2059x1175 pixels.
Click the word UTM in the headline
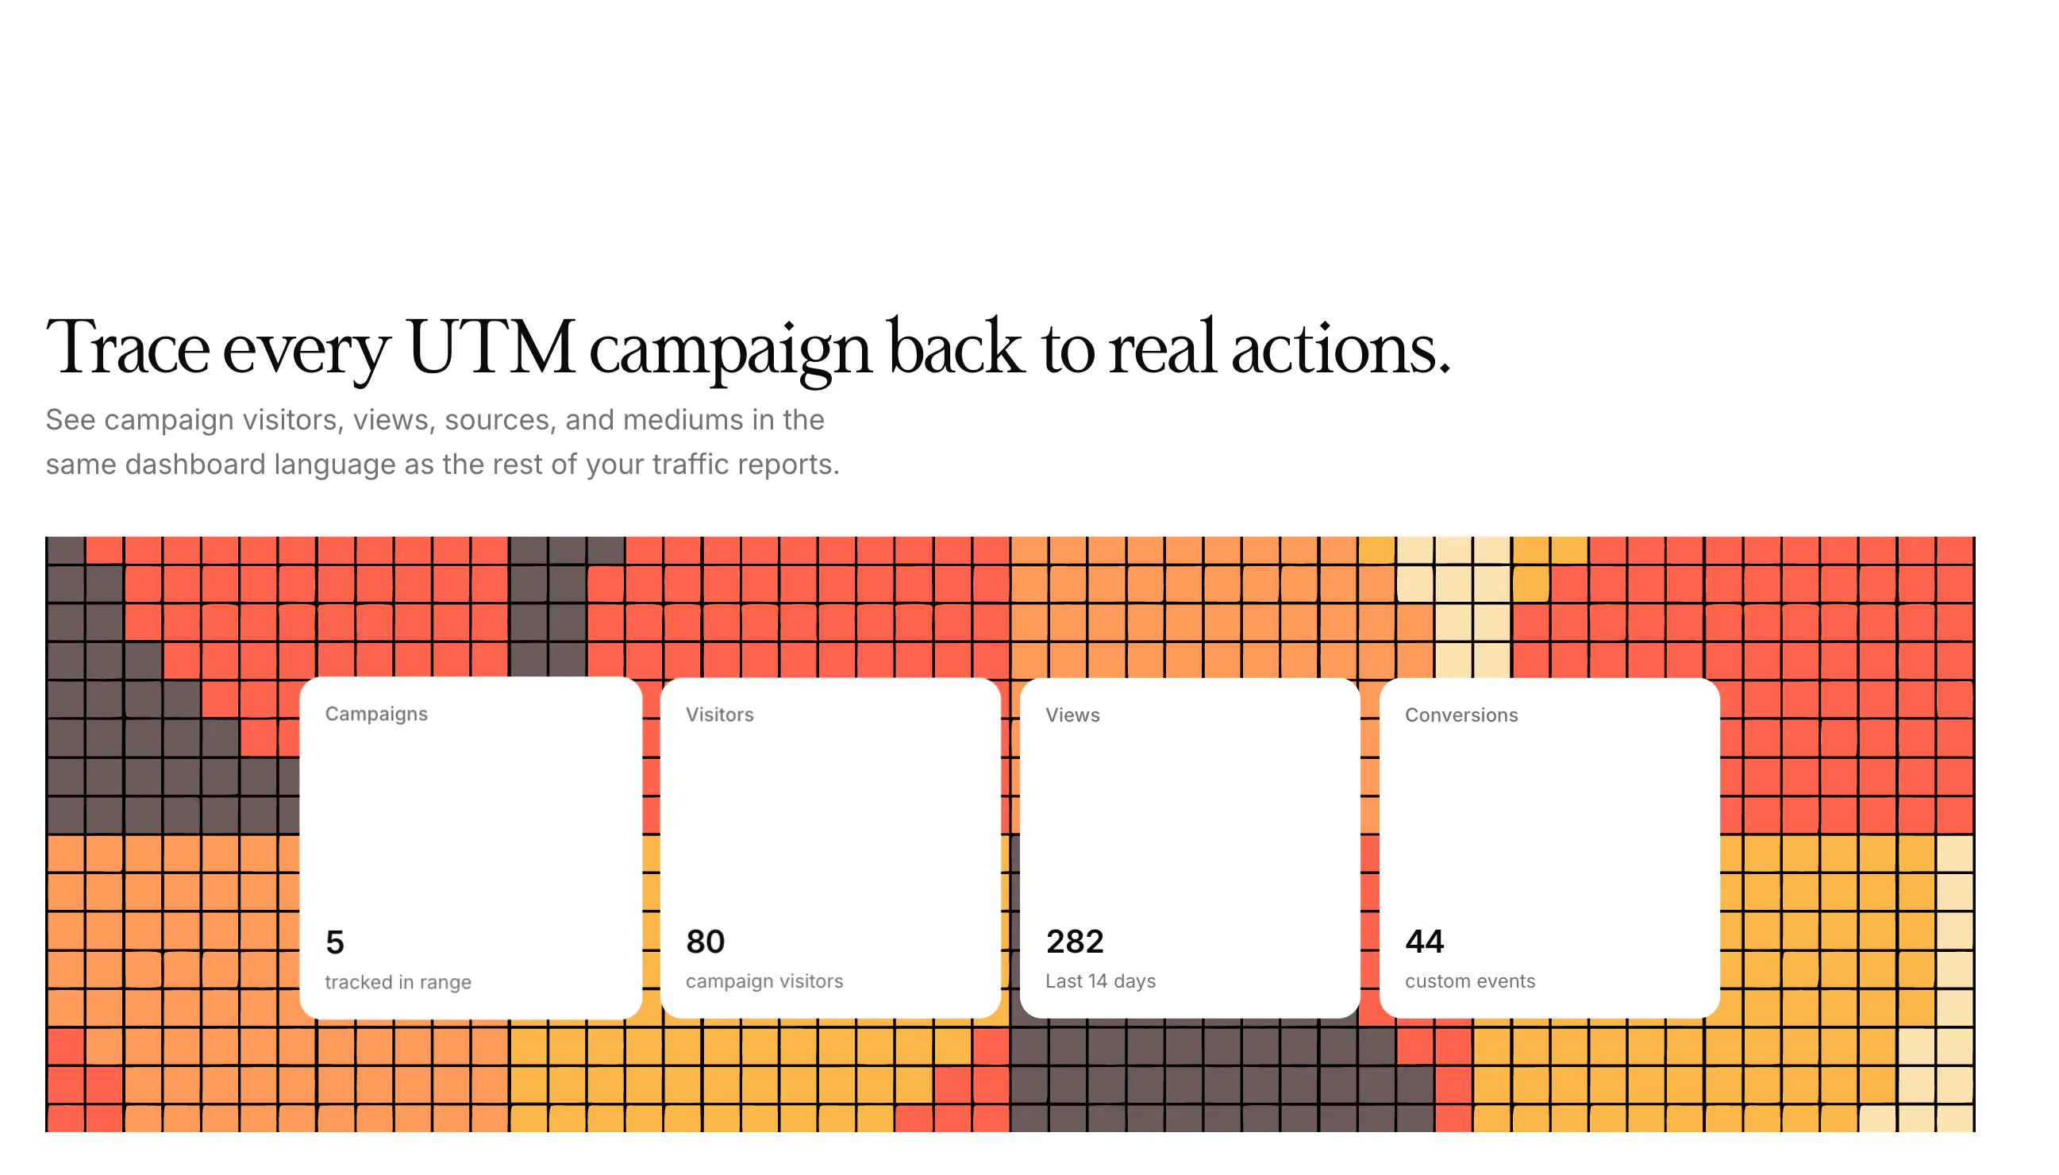(x=491, y=348)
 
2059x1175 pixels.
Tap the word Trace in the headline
(x=129, y=348)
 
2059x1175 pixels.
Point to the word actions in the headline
(x=1341, y=348)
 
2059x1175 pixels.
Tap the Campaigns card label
(x=376, y=715)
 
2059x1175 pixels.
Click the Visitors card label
(x=720, y=715)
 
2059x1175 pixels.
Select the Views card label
(x=1072, y=715)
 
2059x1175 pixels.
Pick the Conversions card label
(x=1461, y=715)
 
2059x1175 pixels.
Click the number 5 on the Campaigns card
(x=335, y=942)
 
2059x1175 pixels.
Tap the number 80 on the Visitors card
(x=705, y=942)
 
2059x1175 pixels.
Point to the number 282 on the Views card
(x=1075, y=942)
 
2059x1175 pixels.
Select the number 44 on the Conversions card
(x=1425, y=942)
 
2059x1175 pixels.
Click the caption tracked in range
(x=398, y=983)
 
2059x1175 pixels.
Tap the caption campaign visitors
(x=764, y=982)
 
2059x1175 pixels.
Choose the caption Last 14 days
(x=1100, y=981)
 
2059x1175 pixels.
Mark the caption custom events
(x=1470, y=981)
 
